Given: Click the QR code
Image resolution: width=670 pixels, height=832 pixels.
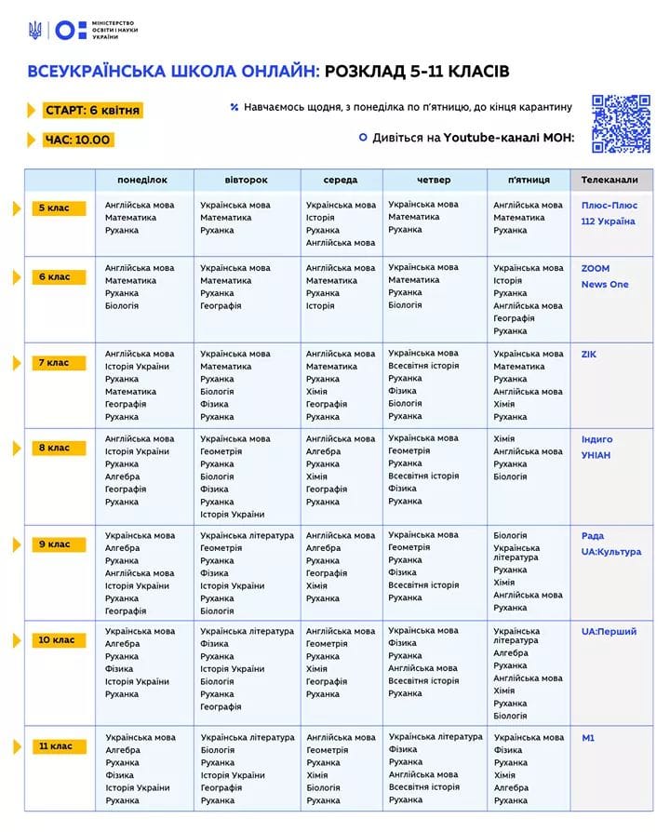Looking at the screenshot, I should click(x=621, y=124).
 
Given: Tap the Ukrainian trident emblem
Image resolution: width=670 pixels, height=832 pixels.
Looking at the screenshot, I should click(x=35, y=30).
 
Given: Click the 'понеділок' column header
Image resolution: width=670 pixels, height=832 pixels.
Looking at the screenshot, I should click(x=142, y=180).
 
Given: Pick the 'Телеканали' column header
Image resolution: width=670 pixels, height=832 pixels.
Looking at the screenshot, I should click(x=610, y=180).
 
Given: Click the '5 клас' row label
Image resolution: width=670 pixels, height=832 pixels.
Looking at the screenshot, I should click(x=54, y=208).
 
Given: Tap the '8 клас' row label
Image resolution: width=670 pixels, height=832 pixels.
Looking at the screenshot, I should click(x=54, y=448).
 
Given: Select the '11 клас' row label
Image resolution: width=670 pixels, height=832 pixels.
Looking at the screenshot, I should click(x=57, y=746).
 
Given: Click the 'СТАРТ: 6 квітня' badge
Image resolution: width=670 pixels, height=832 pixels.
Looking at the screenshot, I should click(x=92, y=111).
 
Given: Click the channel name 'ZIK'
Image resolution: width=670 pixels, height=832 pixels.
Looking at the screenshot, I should click(x=589, y=355).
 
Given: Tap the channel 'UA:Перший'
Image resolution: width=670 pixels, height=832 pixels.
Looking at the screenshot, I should click(x=609, y=632).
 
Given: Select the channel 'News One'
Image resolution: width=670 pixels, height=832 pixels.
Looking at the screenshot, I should click(x=605, y=285).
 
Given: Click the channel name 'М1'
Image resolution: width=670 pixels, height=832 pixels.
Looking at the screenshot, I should click(x=588, y=738).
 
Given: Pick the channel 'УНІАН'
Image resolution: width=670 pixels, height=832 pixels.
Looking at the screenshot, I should click(x=596, y=455).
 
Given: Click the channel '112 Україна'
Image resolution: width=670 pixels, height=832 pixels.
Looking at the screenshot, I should click(x=608, y=221).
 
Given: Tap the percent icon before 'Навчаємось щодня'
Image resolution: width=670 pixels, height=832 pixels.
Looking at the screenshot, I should click(x=234, y=108).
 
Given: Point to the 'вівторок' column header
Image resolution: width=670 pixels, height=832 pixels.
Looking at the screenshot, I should click(x=246, y=180).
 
